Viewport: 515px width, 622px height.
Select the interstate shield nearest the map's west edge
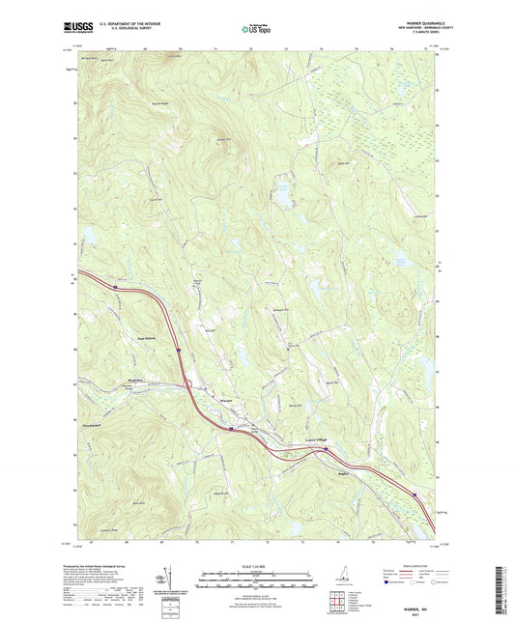click(115, 285)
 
